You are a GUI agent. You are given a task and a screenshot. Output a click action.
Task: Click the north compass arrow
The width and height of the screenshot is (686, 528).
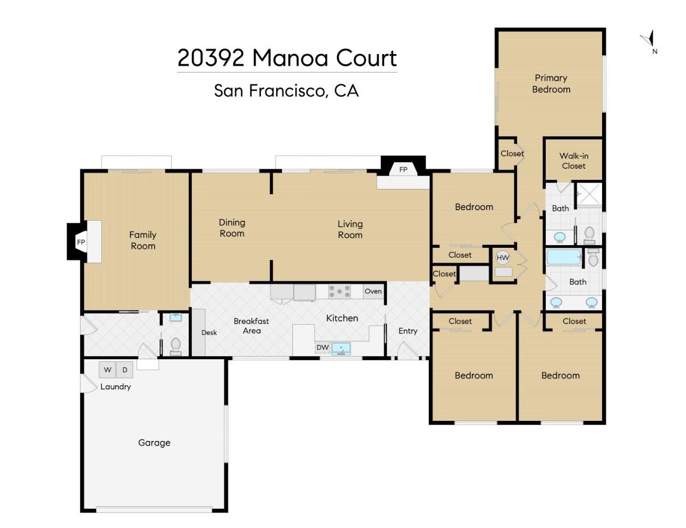[649, 40]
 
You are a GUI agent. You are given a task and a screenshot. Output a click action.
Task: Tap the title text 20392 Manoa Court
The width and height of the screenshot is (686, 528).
[287, 58]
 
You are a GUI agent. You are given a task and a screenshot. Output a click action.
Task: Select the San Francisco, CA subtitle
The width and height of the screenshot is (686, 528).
[286, 91]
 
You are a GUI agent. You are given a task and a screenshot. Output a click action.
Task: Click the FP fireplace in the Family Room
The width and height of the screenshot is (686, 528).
[80, 242]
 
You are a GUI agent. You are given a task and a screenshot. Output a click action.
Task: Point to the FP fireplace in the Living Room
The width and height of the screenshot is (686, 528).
[403, 169]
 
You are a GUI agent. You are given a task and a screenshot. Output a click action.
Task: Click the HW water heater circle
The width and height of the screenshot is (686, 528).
[503, 258]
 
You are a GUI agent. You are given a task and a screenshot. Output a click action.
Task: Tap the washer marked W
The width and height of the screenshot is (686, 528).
[107, 370]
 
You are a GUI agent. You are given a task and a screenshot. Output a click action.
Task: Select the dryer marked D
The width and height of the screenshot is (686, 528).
[125, 370]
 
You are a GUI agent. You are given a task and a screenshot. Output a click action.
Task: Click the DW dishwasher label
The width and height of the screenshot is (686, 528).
[323, 348]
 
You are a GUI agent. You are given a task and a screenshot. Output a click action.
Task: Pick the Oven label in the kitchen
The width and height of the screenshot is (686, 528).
[373, 291]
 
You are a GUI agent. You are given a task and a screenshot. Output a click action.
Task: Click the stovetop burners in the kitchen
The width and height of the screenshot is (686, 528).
[340, 291]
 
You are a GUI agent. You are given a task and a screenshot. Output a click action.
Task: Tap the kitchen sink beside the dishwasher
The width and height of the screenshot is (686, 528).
[341, 349]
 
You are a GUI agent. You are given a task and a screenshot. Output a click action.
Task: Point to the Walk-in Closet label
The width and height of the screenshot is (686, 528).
[574, 161]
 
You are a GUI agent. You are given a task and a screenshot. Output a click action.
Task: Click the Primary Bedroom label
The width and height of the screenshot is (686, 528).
[551, 84]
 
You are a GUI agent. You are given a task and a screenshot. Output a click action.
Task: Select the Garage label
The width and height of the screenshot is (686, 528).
[154, 443]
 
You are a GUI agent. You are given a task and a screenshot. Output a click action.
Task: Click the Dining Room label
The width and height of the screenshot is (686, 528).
[232, 228]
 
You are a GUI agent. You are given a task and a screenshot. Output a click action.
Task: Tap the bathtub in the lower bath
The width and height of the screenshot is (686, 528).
[564, 257]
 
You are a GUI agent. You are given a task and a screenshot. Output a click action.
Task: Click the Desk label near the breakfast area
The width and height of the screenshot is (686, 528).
[209, 333]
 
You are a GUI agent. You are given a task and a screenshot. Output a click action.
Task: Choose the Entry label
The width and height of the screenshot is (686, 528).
[408, 331]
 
